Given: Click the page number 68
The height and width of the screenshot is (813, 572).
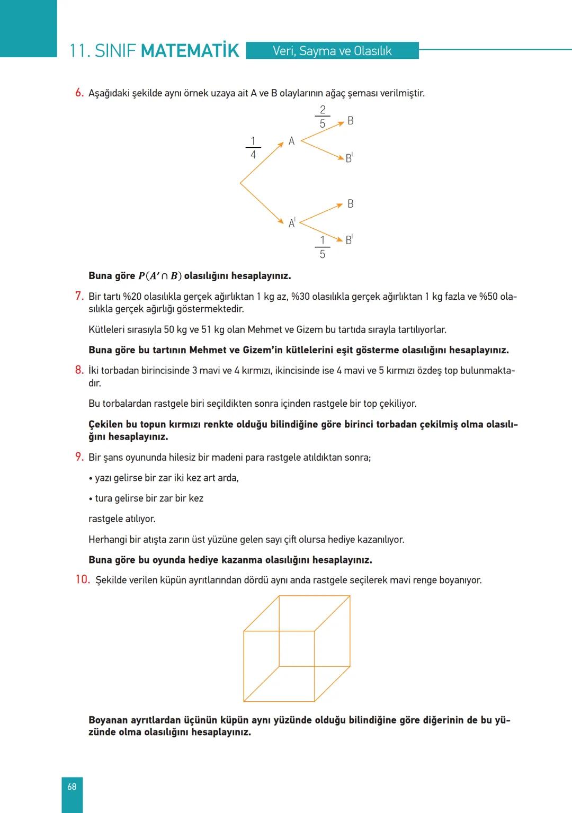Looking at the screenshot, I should point(72,787).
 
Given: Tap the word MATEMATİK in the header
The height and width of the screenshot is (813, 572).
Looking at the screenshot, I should point(190,51).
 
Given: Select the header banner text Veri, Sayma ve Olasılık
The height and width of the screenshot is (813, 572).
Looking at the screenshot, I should point(332,51).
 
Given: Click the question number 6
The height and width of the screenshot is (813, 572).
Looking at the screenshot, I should point(79,93).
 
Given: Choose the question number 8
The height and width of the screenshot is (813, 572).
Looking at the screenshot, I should point(79,370).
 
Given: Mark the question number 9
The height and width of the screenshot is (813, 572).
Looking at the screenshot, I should point(79,457).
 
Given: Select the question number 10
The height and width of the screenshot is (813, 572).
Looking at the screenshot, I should point(82,579).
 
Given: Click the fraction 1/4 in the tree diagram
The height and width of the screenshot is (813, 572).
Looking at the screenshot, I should point(253,148).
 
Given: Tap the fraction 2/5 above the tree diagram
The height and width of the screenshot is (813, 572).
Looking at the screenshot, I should point(323,117).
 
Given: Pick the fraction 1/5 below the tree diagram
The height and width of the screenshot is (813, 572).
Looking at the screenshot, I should point(322,247).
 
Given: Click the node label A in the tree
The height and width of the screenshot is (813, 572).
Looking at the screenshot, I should point(291,141).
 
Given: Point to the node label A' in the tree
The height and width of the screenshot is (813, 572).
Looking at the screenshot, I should point(292,223).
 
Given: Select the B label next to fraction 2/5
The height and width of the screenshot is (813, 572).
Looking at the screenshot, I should point(350,121).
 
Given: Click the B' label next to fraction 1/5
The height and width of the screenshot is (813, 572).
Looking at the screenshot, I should point(349,240).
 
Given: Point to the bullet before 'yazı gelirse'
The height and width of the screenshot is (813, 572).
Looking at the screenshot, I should point(91,478).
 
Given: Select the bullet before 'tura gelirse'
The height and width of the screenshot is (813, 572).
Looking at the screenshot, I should point(91,499).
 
